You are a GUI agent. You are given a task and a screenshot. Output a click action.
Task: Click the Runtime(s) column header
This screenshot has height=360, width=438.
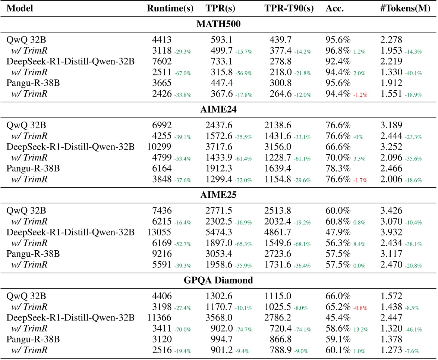170,8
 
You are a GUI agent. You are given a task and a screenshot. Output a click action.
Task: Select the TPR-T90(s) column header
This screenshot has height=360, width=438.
284,8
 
